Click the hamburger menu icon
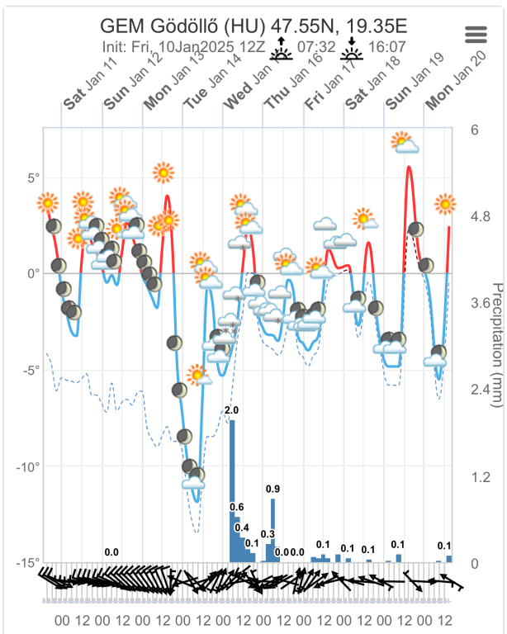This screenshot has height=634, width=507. click(x=476, y=34)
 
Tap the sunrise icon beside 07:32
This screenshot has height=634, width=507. click(x=282, y=50)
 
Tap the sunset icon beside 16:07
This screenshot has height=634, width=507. click(x=353, y=50)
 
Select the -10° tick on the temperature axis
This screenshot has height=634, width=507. click(x=28, y=466)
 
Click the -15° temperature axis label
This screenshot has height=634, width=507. click(x=28, y=563)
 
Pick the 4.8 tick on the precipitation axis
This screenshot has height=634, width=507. click(x=481, y=216)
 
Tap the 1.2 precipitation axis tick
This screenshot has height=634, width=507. click(x=480, y=476)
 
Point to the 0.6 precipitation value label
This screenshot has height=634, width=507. click(x=236, y=507)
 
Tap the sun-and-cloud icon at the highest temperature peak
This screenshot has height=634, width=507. click(x=405, y=144)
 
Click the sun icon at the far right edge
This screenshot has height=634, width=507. click(x=446, y=203)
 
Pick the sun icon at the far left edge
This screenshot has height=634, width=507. click(x=48, y=202)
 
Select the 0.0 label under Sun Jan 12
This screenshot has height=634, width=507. click(x=111, y=552)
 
